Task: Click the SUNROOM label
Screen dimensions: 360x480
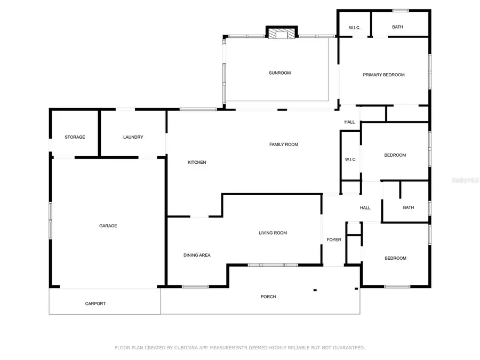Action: point(279,73)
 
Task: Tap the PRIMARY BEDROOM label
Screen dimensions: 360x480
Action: point(383,75)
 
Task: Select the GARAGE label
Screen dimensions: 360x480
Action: point(108,226)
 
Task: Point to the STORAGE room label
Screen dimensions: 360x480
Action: point(75,137)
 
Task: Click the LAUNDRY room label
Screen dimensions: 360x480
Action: point(133,137)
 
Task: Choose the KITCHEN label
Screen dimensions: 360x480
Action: point(196,162)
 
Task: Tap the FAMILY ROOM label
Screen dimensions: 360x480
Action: point(283,145)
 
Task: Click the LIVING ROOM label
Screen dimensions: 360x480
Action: point(273,233)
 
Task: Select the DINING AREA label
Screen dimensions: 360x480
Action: point(197,255)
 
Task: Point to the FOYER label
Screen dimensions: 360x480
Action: point(334,240)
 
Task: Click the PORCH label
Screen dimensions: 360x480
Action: point(268,297)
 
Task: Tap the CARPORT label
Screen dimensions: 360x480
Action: point(95,303)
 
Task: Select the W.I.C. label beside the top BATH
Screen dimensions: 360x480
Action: point(355,27)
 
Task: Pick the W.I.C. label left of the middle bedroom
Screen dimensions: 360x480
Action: point(350,159)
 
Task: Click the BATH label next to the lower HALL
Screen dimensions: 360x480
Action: point(408,208)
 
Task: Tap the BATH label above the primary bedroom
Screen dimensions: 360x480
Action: point(397,27)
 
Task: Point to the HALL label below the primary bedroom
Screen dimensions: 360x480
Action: point(349,122)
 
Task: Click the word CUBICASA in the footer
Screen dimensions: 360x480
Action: point(185,348)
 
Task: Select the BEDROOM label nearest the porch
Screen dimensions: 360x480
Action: point(395,258)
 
